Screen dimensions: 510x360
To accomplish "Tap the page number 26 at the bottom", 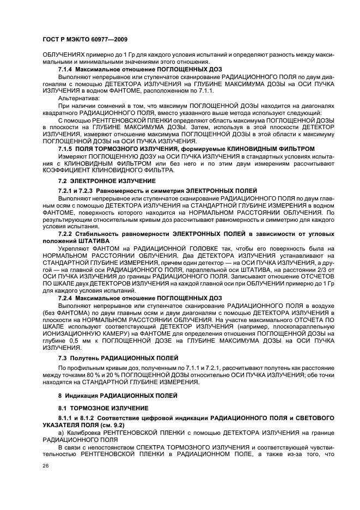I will point(46,466).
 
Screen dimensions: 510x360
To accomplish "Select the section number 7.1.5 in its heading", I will point(65,148).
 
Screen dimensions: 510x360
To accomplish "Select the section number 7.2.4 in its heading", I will point(65,297).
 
